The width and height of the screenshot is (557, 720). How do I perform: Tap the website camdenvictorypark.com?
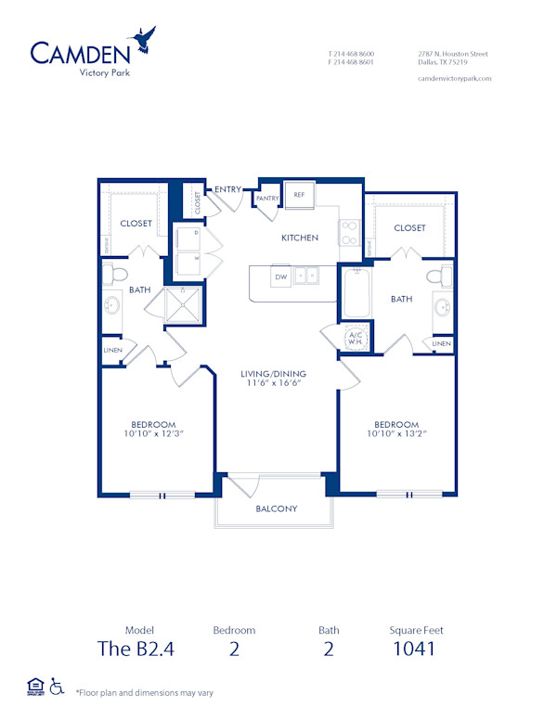pos(455,79)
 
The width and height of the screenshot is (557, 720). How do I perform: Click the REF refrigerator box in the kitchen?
pos(300,195)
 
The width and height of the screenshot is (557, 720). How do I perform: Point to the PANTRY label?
pos(268,198)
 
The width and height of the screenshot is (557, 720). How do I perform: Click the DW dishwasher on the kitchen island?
pos(278,276)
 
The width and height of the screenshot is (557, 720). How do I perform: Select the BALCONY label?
pos(277,508)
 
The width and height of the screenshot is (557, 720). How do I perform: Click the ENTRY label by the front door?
pos(227,189)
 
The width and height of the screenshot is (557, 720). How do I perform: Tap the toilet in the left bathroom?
pos(116,274)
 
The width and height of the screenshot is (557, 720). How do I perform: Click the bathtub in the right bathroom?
pos(356,290)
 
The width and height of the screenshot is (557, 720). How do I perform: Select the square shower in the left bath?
pos(183,303)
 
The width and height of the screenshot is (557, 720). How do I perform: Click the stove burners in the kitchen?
pos(350,231)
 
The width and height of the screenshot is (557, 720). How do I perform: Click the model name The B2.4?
pos(136,649)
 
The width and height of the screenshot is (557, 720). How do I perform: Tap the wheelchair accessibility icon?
pos(57,688)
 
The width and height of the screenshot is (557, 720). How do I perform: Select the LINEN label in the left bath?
pos(112,350)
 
